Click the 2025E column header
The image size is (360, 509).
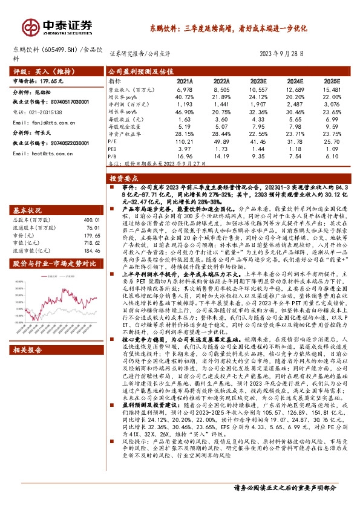(332, 80)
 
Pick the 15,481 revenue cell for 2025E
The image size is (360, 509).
(331, 89)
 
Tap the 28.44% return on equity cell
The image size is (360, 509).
(222, 133)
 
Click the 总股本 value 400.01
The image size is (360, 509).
(91, 221)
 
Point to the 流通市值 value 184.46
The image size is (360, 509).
(90, 250)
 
